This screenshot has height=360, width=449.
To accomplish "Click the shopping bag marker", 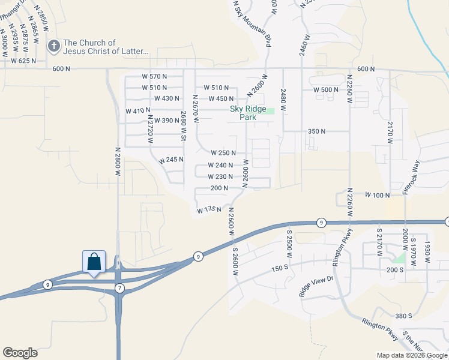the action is click(94, 262).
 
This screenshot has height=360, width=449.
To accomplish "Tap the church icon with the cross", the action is click(54, 46).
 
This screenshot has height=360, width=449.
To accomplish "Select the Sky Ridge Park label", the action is click(248, 113).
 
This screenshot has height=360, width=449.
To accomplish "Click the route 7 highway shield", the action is click(119, 289).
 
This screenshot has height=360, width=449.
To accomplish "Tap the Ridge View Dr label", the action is click(316, 287).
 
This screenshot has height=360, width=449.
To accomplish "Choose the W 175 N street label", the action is click(209, 209).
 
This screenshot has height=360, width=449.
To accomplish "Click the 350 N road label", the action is click(316, 131).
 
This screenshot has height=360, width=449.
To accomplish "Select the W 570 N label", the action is click(154, 76).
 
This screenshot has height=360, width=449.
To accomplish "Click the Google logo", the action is click(20, 353).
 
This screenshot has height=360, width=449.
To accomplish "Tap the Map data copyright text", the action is click(411, 355).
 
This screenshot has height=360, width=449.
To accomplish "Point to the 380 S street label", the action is click(403, 316).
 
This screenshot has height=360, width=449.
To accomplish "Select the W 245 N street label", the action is click(171, 160).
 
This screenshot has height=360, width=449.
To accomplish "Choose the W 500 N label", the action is click(327, 89).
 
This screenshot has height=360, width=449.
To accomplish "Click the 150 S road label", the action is click(280, 267).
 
